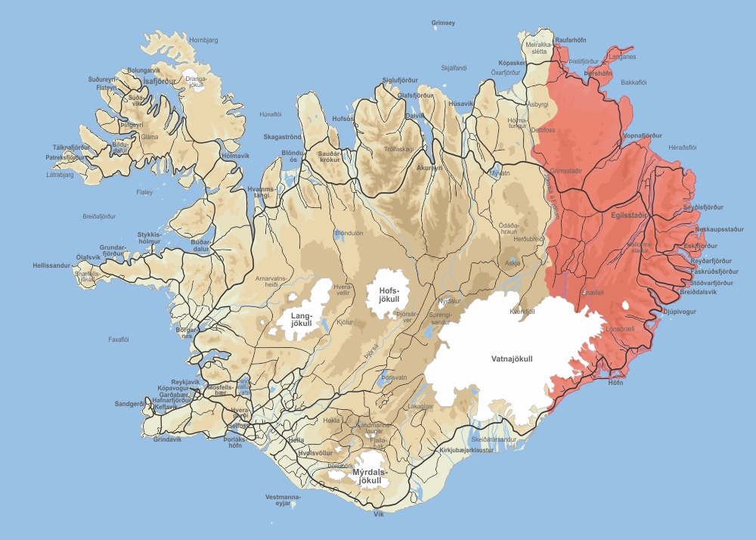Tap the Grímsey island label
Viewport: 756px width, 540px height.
click(x=444, y=23)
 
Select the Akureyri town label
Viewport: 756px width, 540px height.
click(x=429, y=168)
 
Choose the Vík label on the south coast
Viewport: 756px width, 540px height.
click(x=379, y=514)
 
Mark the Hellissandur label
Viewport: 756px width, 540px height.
click(x=51, y=266)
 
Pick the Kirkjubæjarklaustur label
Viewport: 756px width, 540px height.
click(x=466, y=450)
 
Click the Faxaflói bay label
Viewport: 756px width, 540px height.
click(x=119, y=340)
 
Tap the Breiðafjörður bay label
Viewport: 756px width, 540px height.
click(x=99, y=216)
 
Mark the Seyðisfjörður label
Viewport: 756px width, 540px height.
click(x=703, y=207)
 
